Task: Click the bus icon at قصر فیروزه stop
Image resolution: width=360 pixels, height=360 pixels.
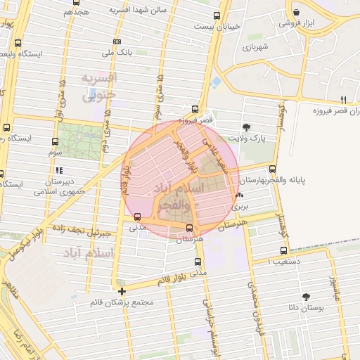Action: click(195, 109)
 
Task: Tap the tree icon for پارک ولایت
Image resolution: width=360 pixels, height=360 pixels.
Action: click(247, 127)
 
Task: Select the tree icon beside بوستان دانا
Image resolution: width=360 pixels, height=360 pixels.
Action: click(305, 297)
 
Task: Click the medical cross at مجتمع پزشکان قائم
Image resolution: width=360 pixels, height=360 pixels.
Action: click(122, 291)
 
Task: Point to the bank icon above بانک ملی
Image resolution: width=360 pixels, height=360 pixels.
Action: click(117, 41)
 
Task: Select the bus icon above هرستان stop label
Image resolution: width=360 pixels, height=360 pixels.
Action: click(190, 228)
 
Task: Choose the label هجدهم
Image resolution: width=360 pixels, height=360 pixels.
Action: click(76, 12)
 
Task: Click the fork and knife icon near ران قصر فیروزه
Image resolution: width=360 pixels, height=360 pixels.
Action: click(343, 99)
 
